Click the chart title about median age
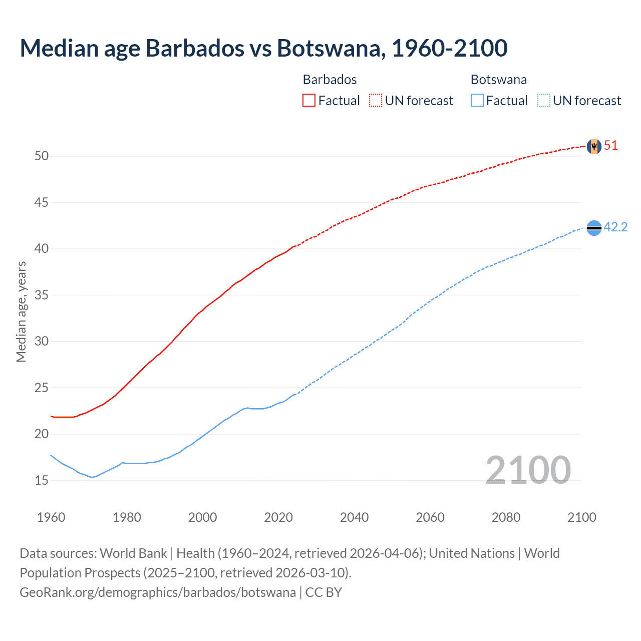point(263,48)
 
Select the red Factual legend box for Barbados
point(309,100)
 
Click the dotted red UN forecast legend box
point(376,100)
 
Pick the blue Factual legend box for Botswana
point(477,100)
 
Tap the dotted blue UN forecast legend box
point(544,100)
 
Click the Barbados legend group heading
point(330,80)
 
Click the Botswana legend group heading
point(498,80)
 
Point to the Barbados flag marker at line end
point(593,146)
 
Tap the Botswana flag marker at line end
point(593,228)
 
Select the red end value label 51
point(611,146)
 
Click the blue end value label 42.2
point(615,227)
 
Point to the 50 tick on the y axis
point(41,156)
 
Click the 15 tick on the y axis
point(41,481)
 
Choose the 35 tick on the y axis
point(41,295)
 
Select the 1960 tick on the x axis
point(51,517)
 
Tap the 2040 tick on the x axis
point(354,517)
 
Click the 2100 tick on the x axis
point(581,517)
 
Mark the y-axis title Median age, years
point(21,311)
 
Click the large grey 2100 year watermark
point(528,470)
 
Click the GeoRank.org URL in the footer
point(158,592)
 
